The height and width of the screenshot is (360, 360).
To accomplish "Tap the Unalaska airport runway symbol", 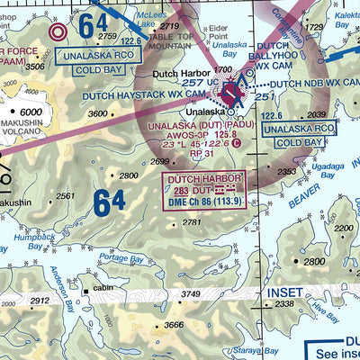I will [x=233, y=91].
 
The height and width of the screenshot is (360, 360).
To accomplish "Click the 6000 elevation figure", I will [x=31, y=111].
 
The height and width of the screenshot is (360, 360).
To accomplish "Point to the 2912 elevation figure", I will [x=40, y=301].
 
